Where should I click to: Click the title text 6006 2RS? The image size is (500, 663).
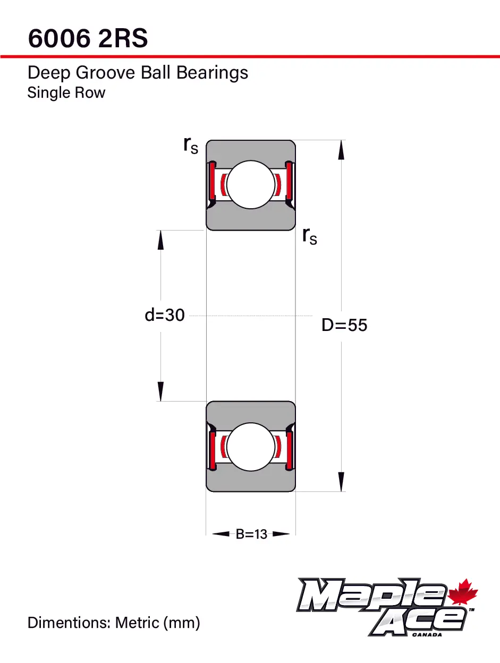88,38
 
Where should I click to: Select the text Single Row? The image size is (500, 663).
66,92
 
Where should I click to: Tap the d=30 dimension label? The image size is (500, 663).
165,315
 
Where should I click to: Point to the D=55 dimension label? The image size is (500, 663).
344,325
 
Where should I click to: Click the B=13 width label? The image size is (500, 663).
251,534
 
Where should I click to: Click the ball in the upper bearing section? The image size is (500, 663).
251,185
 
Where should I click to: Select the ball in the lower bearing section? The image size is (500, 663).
251,447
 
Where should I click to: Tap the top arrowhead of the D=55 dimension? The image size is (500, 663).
341,150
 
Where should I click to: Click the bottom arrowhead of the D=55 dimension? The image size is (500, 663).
341,482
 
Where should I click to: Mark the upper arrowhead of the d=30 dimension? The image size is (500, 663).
160,240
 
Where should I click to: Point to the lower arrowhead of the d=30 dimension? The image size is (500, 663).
160,392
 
